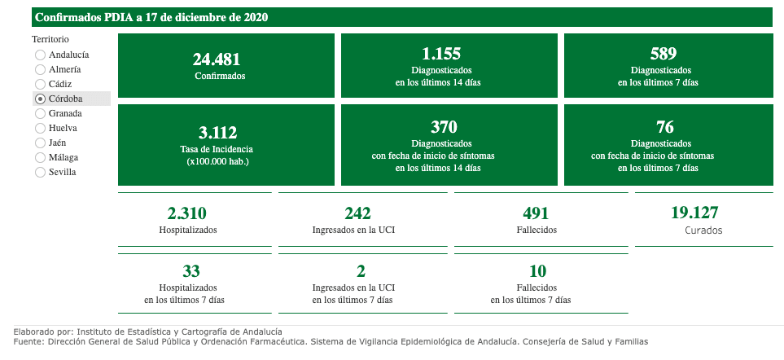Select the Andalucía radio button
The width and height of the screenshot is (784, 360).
click(x=40, y=55)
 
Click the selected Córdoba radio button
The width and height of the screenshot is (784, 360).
click(x=40, y=99)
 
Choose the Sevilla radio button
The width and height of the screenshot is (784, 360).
click(x=40, y=172)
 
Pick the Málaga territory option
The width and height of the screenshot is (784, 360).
click(x=40, y=157)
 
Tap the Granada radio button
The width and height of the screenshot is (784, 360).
click(x=40, y=113)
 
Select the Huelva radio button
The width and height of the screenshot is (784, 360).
click(x=40, y=128)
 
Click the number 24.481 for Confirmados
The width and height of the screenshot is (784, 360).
click(x=217, y=59)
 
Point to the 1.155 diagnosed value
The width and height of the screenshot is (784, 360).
click(x=441, y=54)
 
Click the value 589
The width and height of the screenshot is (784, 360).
click(x=664, y=54)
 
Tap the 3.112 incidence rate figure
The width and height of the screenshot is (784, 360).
click(x=217, y=133)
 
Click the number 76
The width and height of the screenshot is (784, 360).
click(x=664, y=126)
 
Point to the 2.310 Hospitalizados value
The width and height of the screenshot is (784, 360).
click(x=186, y=213)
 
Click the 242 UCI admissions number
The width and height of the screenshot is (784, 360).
click(x=357, y=213)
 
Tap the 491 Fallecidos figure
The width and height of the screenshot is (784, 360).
click(x=536, y=213)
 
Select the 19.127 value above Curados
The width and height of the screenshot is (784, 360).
click(x=694, y=213)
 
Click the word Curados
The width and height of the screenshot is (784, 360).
click(x=703, y=230)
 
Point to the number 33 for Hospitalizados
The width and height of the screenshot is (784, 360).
click(x=191, y=270)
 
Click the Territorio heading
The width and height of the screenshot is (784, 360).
click(x=50, y=39)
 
